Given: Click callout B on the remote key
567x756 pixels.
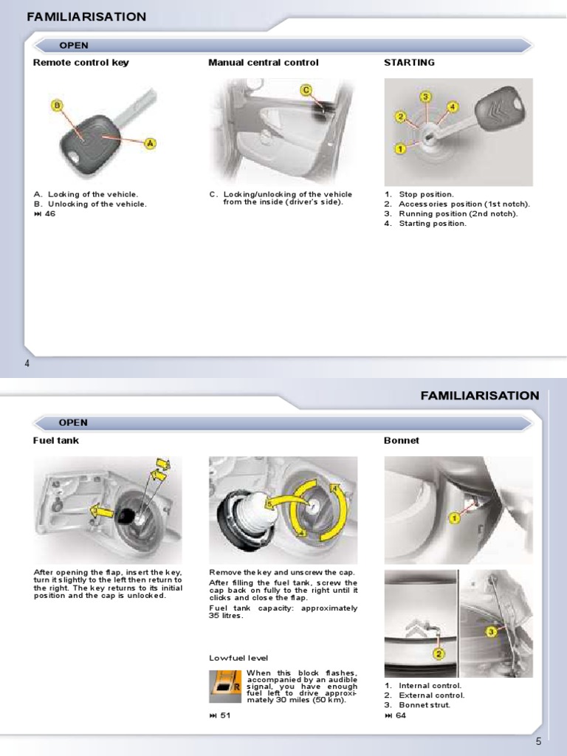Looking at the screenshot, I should pos(57,106).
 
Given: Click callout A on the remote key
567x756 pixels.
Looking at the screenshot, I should pos(150,143).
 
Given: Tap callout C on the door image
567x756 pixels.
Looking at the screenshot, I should pos(306,90).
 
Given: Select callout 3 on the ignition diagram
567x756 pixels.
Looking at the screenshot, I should pos(426,97).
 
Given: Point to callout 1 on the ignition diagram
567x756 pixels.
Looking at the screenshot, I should pos(399,148).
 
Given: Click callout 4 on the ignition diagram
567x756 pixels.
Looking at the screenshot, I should pos(453,106).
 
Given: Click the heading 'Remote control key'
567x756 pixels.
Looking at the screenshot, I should pos(81,63).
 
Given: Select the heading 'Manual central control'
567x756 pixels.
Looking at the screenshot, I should pos(264,63).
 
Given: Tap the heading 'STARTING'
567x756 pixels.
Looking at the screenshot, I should pos(409,63).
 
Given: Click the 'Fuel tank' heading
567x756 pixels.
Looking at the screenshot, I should pos(56,441).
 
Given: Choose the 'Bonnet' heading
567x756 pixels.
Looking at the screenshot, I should pos(402,441).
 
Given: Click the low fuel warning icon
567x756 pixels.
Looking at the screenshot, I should pos(226,687).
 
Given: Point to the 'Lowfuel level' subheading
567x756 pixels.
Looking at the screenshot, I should pos(238,658).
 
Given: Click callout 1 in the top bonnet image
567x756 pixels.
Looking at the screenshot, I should pos(454,519).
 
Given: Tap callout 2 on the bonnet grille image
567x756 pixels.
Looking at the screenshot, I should pos(438,653).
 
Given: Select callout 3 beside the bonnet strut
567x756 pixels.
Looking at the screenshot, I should pos(491,631).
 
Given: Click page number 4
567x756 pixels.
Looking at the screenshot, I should pos(27,364).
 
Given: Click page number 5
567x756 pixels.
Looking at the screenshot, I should pos(539,742).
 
